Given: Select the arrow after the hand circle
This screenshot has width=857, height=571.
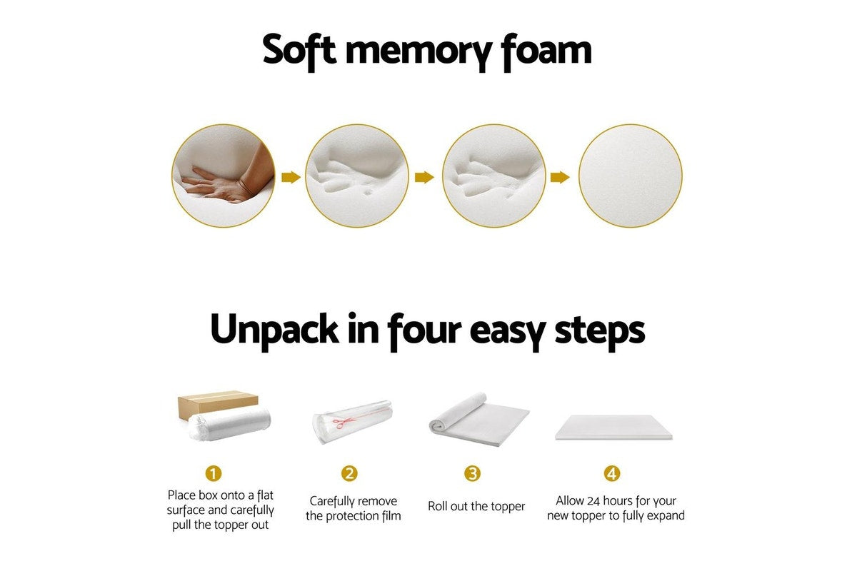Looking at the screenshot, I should point(291,177).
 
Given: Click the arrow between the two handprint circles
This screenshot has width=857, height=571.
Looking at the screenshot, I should point(425,177).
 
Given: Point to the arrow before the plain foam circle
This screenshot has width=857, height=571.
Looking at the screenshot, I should point(561,177).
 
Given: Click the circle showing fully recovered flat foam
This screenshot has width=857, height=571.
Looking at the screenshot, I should point(630,176).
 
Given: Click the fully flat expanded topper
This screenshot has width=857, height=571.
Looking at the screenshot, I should point(613,428).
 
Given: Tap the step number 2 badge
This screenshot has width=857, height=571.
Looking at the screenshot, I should point(349,473).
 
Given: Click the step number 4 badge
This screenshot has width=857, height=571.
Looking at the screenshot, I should point(612,473).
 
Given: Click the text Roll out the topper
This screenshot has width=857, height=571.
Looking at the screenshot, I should point(476,507).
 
